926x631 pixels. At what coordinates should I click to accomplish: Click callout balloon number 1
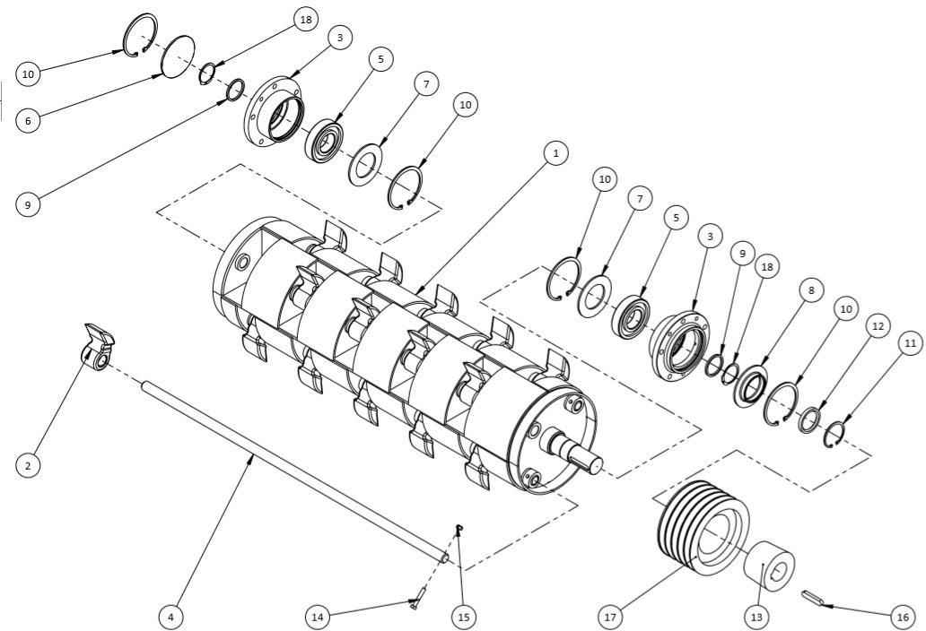pyautogui.click(x=555, y=153)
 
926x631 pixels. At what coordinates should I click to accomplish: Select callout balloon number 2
pyautogui.click(x=28, y=465)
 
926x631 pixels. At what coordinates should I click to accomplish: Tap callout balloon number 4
pyautogui.click(x=170, y=618)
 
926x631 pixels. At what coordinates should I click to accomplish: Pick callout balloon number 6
pyautogui.click(x=28, y=121)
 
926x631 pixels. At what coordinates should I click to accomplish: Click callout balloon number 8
pyautogui.click(x=811, y=290)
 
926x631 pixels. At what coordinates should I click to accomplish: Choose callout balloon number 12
pyautogui.click(x=878, y=326)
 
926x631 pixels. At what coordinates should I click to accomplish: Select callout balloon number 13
pyautogui.click(x=756, y=618)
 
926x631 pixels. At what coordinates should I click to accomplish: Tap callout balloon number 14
pyautogui.click(x=318, y=618)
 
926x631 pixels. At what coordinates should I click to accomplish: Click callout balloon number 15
pyautogui.click(x=464, y=618)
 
